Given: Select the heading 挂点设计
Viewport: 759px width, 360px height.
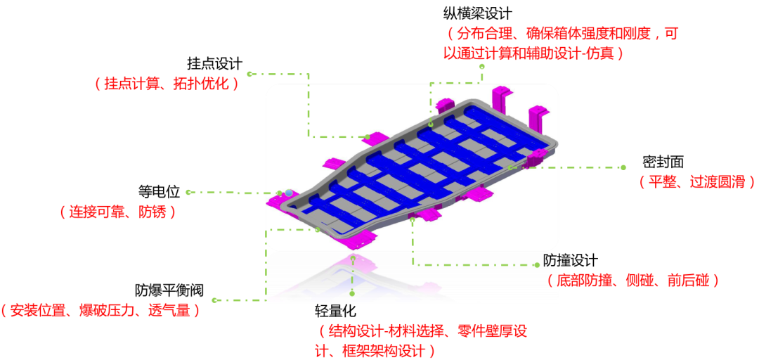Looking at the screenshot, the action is click(x=214, y=64).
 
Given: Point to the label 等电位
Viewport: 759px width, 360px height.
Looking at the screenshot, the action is click(x=159, y=192).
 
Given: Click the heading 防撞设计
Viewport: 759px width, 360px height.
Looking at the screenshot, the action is click(x=570, y=261).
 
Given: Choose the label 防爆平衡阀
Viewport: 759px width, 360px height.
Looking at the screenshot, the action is click(x=169, y=290).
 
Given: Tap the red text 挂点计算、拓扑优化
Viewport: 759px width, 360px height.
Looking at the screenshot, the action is click(x=167, y=84).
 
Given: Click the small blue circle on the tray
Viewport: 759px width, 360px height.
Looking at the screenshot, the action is click(x=289, y=193).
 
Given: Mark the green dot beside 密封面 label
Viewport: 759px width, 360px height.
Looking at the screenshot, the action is click(x=623, y=167).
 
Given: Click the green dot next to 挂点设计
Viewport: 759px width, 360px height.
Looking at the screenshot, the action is click(x=249, y=74).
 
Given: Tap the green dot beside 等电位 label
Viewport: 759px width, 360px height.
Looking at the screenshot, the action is click(x=188, y=192).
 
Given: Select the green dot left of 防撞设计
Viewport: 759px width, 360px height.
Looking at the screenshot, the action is click(x=537, y=265).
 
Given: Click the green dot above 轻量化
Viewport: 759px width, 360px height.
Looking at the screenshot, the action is click(x=353, y=293).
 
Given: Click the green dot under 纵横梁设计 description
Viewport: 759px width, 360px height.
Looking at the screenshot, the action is click(x=481, y=67).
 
